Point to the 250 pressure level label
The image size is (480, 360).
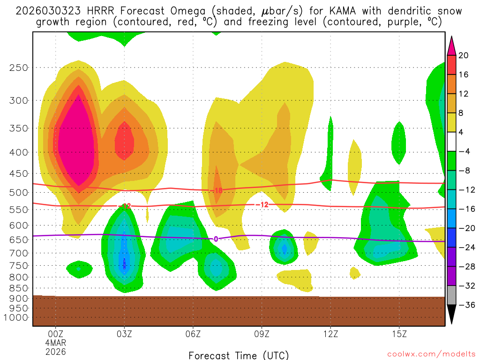tap(19, 67)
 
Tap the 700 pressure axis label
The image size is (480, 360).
tap(19, 253)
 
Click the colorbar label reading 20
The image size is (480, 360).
tap(464, 55)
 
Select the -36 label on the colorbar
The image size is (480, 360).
tap(465, 305)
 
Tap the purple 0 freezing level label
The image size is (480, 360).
tap(216, 239)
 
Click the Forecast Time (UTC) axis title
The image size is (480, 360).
tap(239, 355)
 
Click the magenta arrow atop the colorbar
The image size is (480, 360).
tap(451, 45)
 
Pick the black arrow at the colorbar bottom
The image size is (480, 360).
tap(451, 315)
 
